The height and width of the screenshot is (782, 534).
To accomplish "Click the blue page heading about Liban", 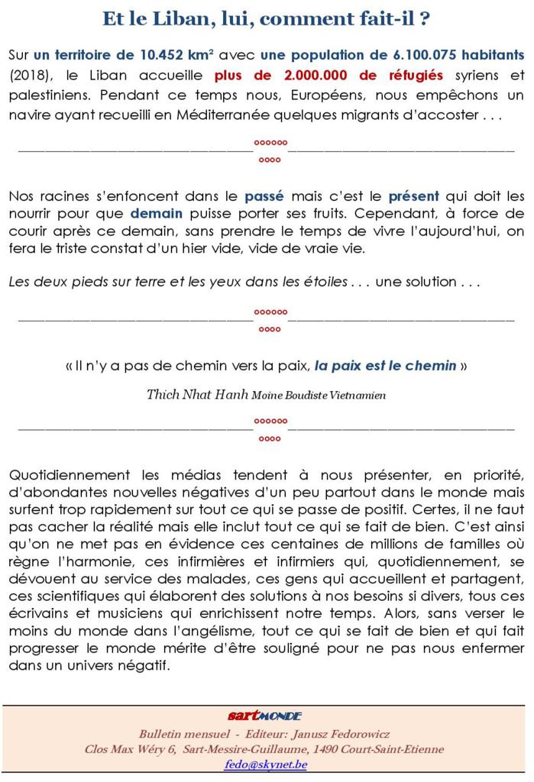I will (x=266, y=19).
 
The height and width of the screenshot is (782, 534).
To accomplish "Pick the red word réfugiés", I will (x=416, y=76).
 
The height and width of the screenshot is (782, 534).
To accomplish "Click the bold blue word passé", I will (x=264, y=197).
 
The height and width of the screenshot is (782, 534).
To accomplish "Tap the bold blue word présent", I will (x=413, y=197).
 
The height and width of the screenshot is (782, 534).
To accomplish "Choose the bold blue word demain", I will (x=156, y=214).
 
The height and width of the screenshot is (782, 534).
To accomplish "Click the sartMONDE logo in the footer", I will (x=265, y=716).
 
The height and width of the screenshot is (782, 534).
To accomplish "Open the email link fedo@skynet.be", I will (x=266, y=764).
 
